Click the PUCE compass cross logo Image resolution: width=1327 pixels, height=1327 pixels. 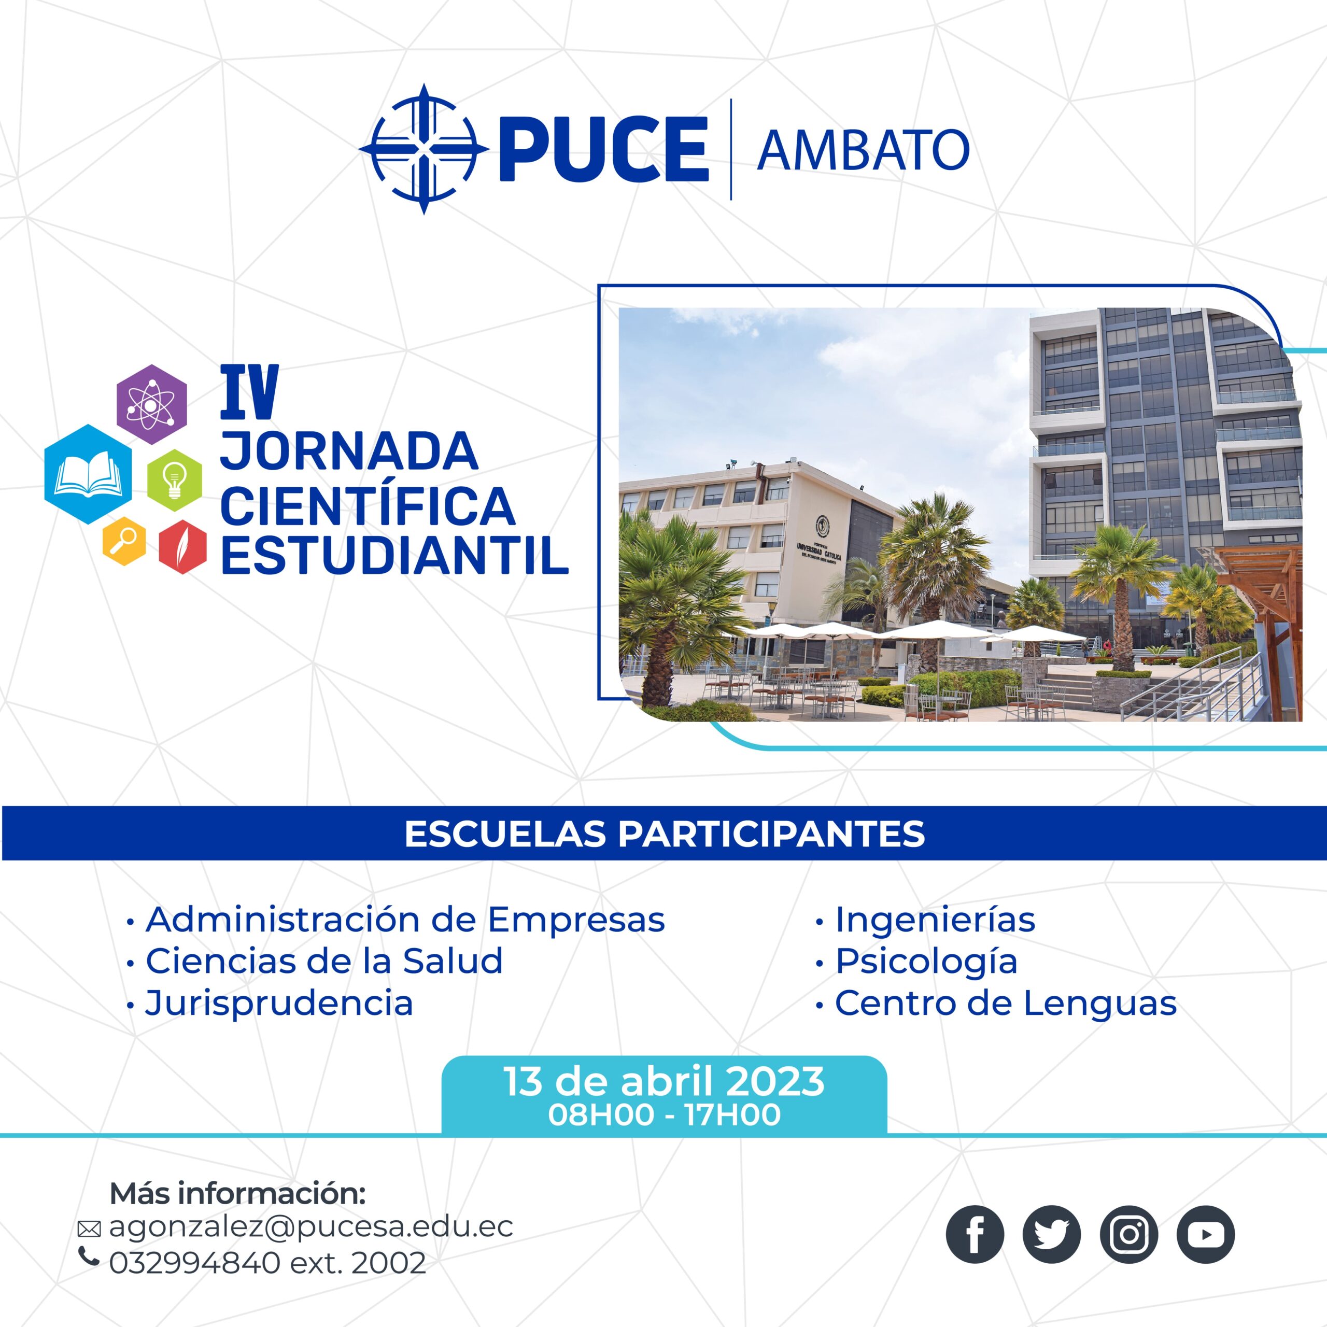(x=424, y=149)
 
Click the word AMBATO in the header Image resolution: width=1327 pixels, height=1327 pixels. (x=863, y=150)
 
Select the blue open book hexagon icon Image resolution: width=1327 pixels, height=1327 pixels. (x=89, y=474)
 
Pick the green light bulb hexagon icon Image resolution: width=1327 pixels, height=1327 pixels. (x=175, y=480)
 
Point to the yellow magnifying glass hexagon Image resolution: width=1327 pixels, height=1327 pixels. (x=124, y=541)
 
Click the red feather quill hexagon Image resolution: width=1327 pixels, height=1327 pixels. (x=182, y=547)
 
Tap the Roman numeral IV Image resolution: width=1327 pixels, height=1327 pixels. (x=249, y=392)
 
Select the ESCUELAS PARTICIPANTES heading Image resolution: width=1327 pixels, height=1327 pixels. (x=664, y=834)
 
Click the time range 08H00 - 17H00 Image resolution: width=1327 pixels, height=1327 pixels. (x=664, y=1115)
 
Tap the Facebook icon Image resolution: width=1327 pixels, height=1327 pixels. (x=975, y=1234)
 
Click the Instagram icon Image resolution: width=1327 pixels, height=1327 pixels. (x=1128, y=1234)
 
